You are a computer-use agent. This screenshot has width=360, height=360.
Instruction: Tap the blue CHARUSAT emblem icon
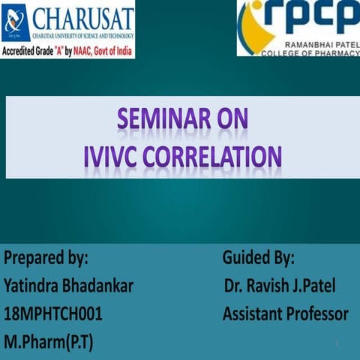coord(16,22)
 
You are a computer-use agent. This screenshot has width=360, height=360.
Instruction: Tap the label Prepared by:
coord(46,259)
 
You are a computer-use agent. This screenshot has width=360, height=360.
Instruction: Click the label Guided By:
coord(258,259)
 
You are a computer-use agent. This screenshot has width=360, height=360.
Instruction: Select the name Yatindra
coord(34,286)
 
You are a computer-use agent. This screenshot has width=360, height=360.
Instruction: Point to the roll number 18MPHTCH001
coord(53,314)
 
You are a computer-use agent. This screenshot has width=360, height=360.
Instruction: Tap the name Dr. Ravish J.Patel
coord(280,286)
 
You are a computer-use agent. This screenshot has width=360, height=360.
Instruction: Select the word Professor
coord(319,314)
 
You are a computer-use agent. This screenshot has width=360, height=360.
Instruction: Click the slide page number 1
coord(337,343)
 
